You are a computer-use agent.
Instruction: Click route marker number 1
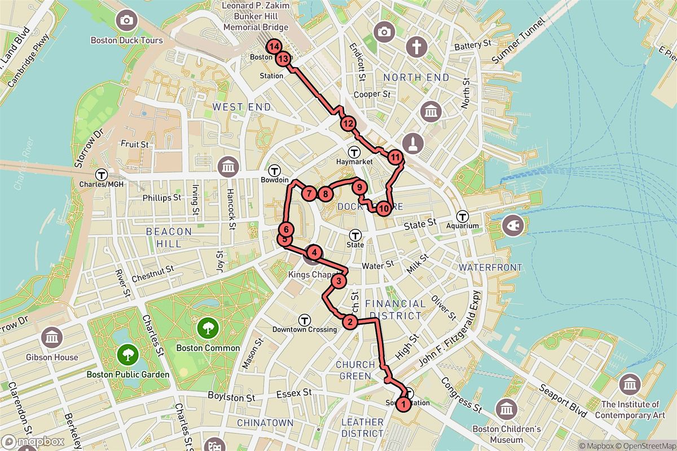tap(403, 404)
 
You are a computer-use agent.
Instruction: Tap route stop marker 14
tap(274, 47)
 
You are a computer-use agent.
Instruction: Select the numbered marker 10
tap(384, 209)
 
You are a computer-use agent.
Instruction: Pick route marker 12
tap(348, 124)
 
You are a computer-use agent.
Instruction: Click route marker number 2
tap(350, 322)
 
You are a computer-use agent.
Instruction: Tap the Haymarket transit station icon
tap(355, 151)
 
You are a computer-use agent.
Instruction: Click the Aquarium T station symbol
tap(463, 215)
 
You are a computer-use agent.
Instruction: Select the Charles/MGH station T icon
tap(102, 174)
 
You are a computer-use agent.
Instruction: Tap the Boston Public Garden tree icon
tap(128, 354)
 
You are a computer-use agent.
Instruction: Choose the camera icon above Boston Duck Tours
tap(126, 21)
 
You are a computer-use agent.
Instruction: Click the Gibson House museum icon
tap(52, 337)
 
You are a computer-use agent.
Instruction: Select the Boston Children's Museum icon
tap(506, 408)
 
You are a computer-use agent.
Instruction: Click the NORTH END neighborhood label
tap(416, 77)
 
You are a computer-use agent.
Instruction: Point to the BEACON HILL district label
tap(169, 237)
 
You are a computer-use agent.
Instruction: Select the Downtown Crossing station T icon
tap(305, 319)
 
